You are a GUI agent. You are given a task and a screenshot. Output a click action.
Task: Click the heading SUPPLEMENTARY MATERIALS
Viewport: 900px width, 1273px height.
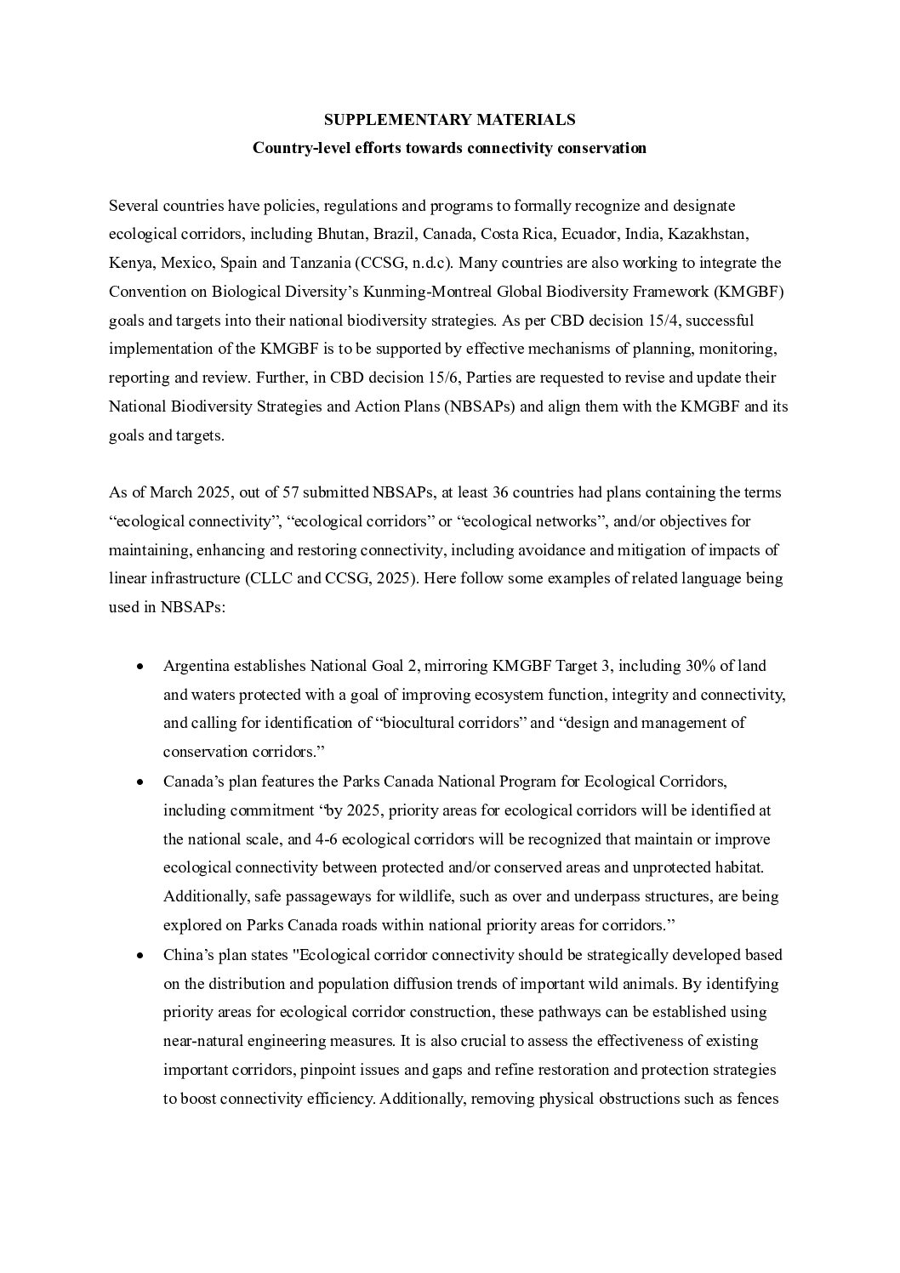(x=449, y=120)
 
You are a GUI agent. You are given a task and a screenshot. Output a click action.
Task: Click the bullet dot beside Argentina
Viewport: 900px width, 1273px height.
(x=140, y=667)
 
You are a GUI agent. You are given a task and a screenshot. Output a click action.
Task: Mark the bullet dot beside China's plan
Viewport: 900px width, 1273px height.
(x=140, y=956)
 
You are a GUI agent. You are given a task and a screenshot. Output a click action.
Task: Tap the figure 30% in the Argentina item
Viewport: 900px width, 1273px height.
(x=694, y=666)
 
